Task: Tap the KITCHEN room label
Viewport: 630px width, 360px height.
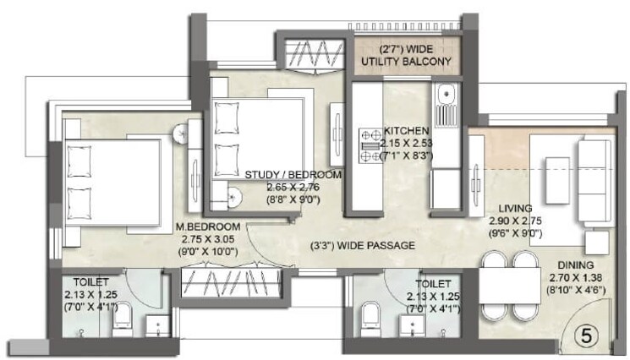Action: coord(407,131)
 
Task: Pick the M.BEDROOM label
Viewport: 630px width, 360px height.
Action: coord(207,226)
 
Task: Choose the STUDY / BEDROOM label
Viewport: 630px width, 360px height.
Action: coord(293,175)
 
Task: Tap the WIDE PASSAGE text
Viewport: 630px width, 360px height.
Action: coord(363,246)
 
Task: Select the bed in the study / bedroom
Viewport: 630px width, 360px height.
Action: coord(254,135)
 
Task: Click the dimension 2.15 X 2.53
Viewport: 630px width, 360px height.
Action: coord(407,144)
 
